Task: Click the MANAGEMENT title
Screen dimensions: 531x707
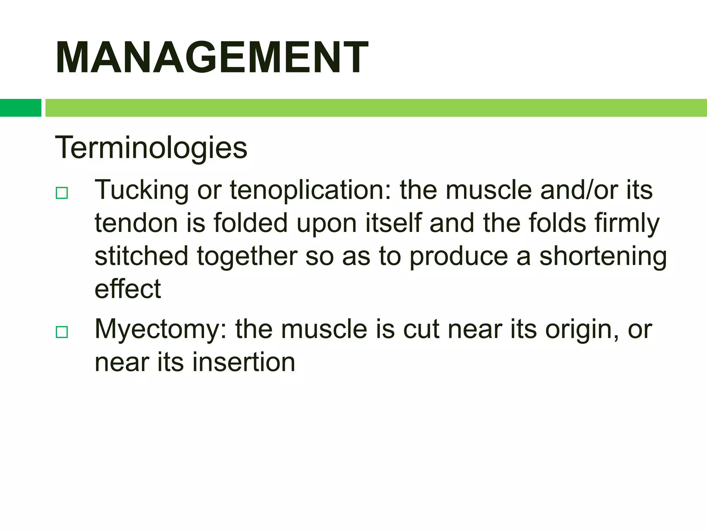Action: pos(212,57)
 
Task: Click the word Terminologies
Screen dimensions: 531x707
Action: pos(151,148)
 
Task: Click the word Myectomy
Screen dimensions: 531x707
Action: pos(161,330)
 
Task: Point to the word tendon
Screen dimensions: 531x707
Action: pos(136,223)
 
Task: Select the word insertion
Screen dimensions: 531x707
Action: pos(243,362)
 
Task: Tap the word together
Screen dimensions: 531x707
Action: pos(247,257)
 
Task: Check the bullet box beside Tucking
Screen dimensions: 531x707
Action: pos(62,193)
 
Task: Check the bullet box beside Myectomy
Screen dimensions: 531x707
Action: pos(62,332)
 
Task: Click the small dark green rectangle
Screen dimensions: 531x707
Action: pos(20,108)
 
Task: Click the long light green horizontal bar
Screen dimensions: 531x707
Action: pos(376,108)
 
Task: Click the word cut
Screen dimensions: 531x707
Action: pos(421,329)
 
